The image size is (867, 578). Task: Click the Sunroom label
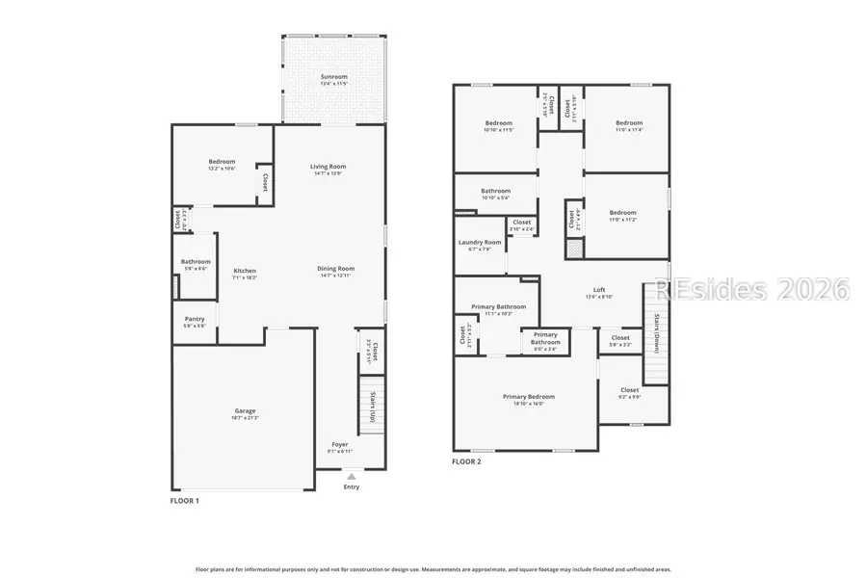[333, 76]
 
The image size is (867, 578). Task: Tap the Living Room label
[328, 166]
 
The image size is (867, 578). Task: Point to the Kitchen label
[245, 271]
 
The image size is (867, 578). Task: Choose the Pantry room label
[195, 319]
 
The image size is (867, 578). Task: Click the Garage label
[245, 410]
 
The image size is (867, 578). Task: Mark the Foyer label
[339, 444]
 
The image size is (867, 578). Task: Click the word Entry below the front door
[352, 486]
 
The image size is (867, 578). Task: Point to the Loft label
[598, 289]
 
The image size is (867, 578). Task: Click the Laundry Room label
[479, 242]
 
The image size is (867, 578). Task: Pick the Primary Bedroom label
[528, 396]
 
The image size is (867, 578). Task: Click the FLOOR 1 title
[185, 500]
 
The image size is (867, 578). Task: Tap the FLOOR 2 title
[466, 461]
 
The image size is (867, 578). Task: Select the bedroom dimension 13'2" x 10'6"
[222, 169]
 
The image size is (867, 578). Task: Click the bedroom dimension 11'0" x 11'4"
[629, 130]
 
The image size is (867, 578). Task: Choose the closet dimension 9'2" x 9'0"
[629, 397]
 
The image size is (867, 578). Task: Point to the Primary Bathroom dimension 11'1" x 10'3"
[498, 313]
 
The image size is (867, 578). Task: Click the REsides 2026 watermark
[751, 289]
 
